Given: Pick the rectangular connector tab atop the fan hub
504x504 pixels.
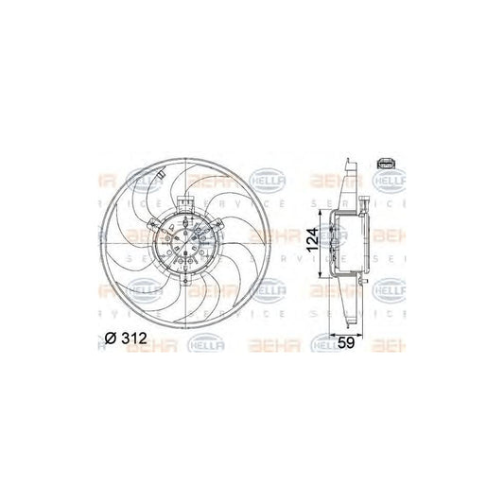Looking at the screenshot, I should pos(184,204).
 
